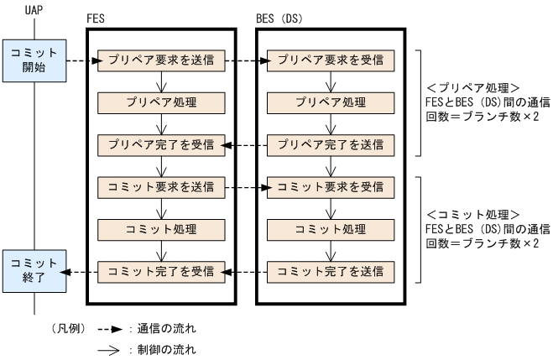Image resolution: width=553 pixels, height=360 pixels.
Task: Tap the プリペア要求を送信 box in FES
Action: pyautogui.click(x=159, y=60)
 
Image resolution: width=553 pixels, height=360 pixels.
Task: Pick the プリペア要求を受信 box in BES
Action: pyautogui.click(x=329, y=60)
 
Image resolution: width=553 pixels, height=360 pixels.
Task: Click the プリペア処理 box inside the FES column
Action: pyautogui.click(x=159, y=102)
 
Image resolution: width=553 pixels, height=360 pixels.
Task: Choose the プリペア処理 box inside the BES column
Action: pyautogui.click(x=329, y=102)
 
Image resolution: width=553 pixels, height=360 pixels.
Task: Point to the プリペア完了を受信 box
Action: pyautogui.click(x=159, y=144)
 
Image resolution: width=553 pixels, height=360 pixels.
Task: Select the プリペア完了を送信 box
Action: pyautogui.click(x=329, y=144)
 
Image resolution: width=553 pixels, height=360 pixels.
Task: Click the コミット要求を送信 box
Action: pyautogui.click(x=159, y=186)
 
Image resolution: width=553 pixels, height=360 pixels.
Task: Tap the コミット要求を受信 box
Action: pyautogui.click(x=329, y=186)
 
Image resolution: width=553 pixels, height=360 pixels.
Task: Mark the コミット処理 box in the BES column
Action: pyautogui.click(x=329, y=228)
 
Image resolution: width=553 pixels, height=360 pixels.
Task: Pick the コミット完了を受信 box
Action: pyautogui.click(x=159, y=270)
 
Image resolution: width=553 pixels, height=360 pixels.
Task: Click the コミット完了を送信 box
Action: pyautogui.click(x=329, y=270)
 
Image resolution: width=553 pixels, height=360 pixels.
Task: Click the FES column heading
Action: pyautogui.click(x=97, y=18)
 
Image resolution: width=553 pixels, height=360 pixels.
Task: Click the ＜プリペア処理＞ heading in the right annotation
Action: pyautogui.click(x=475, y=87)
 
